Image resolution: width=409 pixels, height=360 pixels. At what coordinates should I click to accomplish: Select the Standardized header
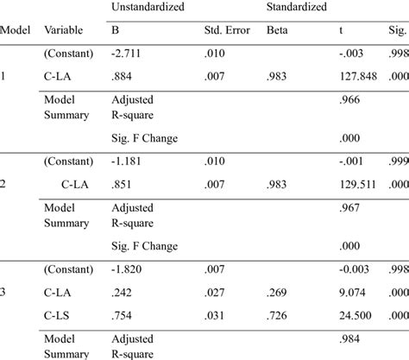[296, 7]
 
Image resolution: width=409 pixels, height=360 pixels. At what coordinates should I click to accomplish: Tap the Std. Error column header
[226, 31]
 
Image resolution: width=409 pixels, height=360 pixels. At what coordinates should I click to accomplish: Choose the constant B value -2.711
[124, 54]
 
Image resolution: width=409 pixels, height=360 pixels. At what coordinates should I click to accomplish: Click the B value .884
[121, 77]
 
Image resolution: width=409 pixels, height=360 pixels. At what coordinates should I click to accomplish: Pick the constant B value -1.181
[124, 161]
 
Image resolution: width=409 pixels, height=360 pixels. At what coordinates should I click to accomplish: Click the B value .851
[121, 184]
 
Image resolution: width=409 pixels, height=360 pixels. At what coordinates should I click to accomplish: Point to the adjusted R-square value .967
[350, 208]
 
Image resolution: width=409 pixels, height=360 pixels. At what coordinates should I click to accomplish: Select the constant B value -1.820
[124, 269]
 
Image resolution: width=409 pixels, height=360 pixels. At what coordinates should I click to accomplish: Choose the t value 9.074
[355, 293]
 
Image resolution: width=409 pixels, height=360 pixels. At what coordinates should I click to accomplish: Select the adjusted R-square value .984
[350, 340]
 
